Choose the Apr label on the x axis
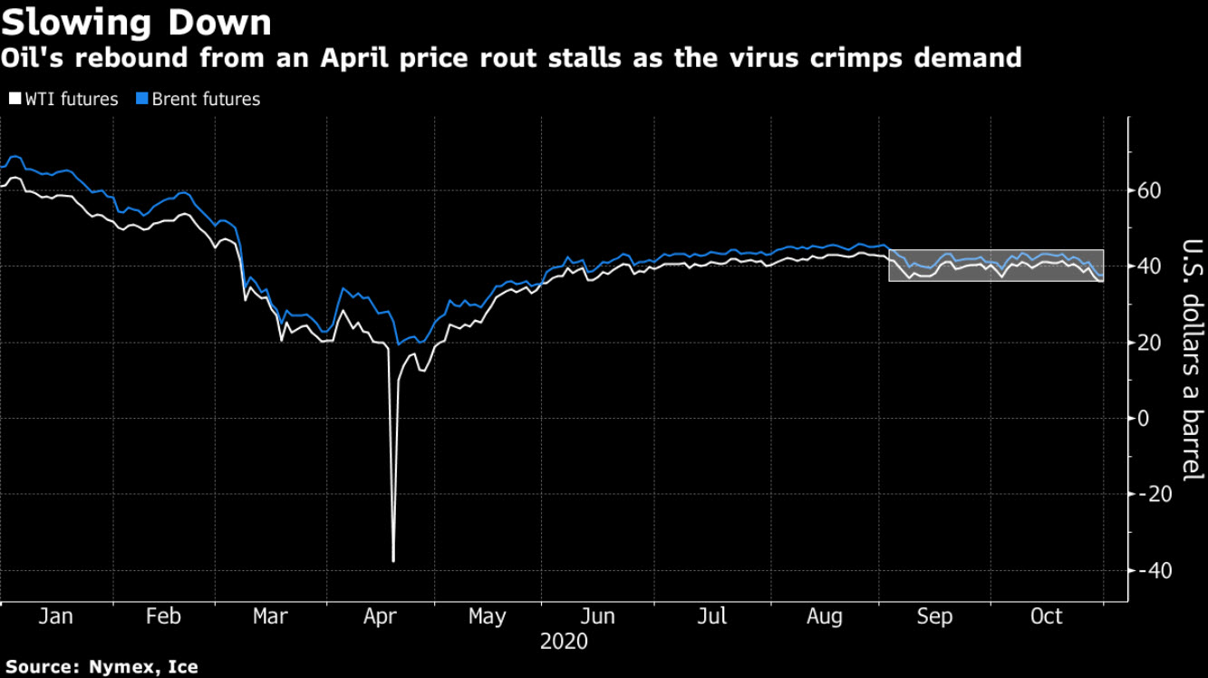(x=381, y=616)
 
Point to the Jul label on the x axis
(x=713, y=616)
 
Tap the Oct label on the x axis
(x=1047, y=616)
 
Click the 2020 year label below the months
(x=564, y=642)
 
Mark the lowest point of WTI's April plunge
(x=393, y=561)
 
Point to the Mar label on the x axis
(x=270, y=616)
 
